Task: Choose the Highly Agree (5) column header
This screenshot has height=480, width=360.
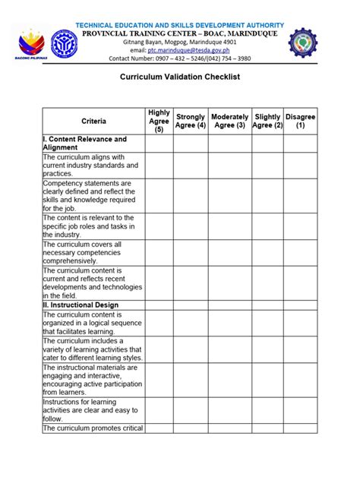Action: click(159, 122)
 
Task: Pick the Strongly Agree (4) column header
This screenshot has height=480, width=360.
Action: click(191, 122)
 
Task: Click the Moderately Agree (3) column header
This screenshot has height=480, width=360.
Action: click(229, 122)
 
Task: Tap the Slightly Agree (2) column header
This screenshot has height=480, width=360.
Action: click(267, 122)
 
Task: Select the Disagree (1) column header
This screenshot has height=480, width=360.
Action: click(301, 122)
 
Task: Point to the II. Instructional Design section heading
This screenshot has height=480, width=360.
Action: click(81, 305)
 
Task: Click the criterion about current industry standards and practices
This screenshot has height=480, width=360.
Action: click(91, 165)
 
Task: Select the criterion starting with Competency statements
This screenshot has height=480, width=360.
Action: click(91, 195)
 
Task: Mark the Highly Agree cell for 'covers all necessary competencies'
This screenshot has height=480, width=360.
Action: click(159, 252)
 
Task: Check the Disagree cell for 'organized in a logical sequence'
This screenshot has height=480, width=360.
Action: click(301, 323)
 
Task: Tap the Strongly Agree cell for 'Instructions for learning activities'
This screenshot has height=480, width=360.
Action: click(191, 409)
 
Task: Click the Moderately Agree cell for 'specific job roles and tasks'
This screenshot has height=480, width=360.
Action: click(229, 226)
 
